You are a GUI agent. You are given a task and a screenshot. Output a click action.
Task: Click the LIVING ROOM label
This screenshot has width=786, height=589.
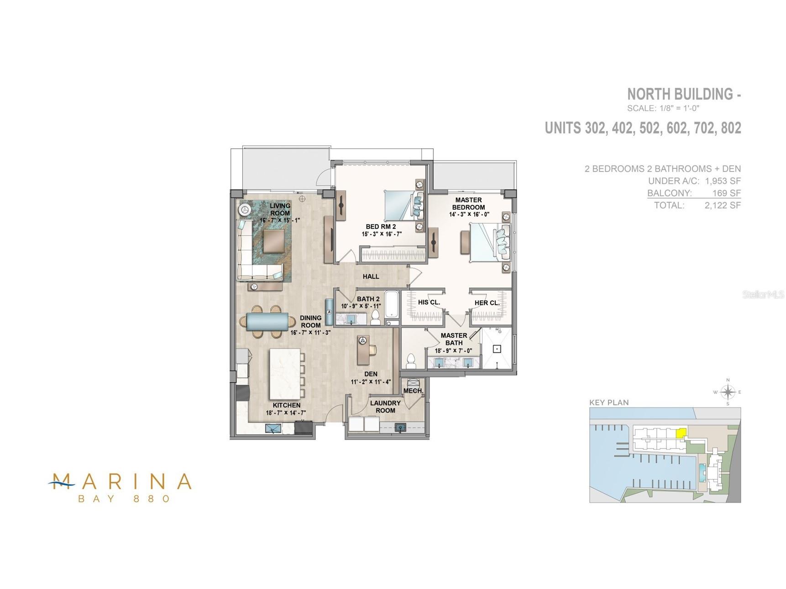pyautogui.click(x=280, y=209)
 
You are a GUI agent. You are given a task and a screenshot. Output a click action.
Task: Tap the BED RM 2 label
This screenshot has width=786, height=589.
pyautogui.click(x=381, y=227)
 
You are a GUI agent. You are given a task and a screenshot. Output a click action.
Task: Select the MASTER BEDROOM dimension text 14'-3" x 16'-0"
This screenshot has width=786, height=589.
pyautogui.click(x=469, y=214)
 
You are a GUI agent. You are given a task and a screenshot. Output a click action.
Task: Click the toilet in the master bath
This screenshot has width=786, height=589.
pyautogui.click(x=411, y=360)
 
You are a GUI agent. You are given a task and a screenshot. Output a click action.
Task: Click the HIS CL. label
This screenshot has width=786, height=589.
pyautogui.click(x=429, y=302)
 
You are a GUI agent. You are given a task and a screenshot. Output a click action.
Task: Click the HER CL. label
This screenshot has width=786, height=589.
pyautogui.click(x=487, y=303)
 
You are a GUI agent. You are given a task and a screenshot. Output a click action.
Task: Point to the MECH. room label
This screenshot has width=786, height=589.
pyautogui.click(x=414, y=391)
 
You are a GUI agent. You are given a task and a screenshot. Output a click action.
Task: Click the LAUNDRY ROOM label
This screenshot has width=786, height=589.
pyautogui.click(x=385, y=407)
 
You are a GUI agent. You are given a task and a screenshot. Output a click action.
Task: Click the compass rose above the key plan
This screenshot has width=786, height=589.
pyautogui.click(x=728, y=392)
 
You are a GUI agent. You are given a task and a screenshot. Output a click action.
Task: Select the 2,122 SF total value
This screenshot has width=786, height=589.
pyautogui.click(x=723, y=205)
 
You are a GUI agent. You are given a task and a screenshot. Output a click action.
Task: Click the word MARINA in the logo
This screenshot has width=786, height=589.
pyautogui.click(x=120, y=481)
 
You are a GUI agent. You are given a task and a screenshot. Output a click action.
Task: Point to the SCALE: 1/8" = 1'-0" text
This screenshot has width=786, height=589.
pyautogui.click(x=663, y=109)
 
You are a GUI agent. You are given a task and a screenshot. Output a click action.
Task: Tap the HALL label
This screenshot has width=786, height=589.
pyautogui.click(x=371, y=276)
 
